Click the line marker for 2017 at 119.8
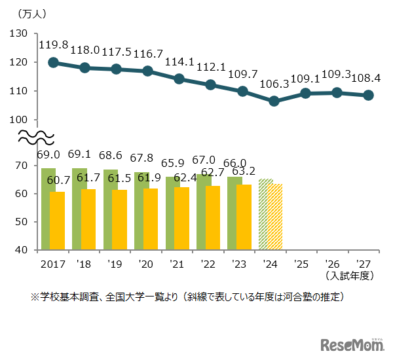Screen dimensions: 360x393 [x=53, y=62]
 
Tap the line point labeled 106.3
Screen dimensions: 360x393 [x=274, y=101]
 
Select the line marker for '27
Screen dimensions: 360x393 [x=368, y=95]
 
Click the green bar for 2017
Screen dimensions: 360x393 [x=48, y=209]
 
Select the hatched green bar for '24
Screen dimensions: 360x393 [x=265, y=214]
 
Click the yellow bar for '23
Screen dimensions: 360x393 [x=244, y=217]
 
